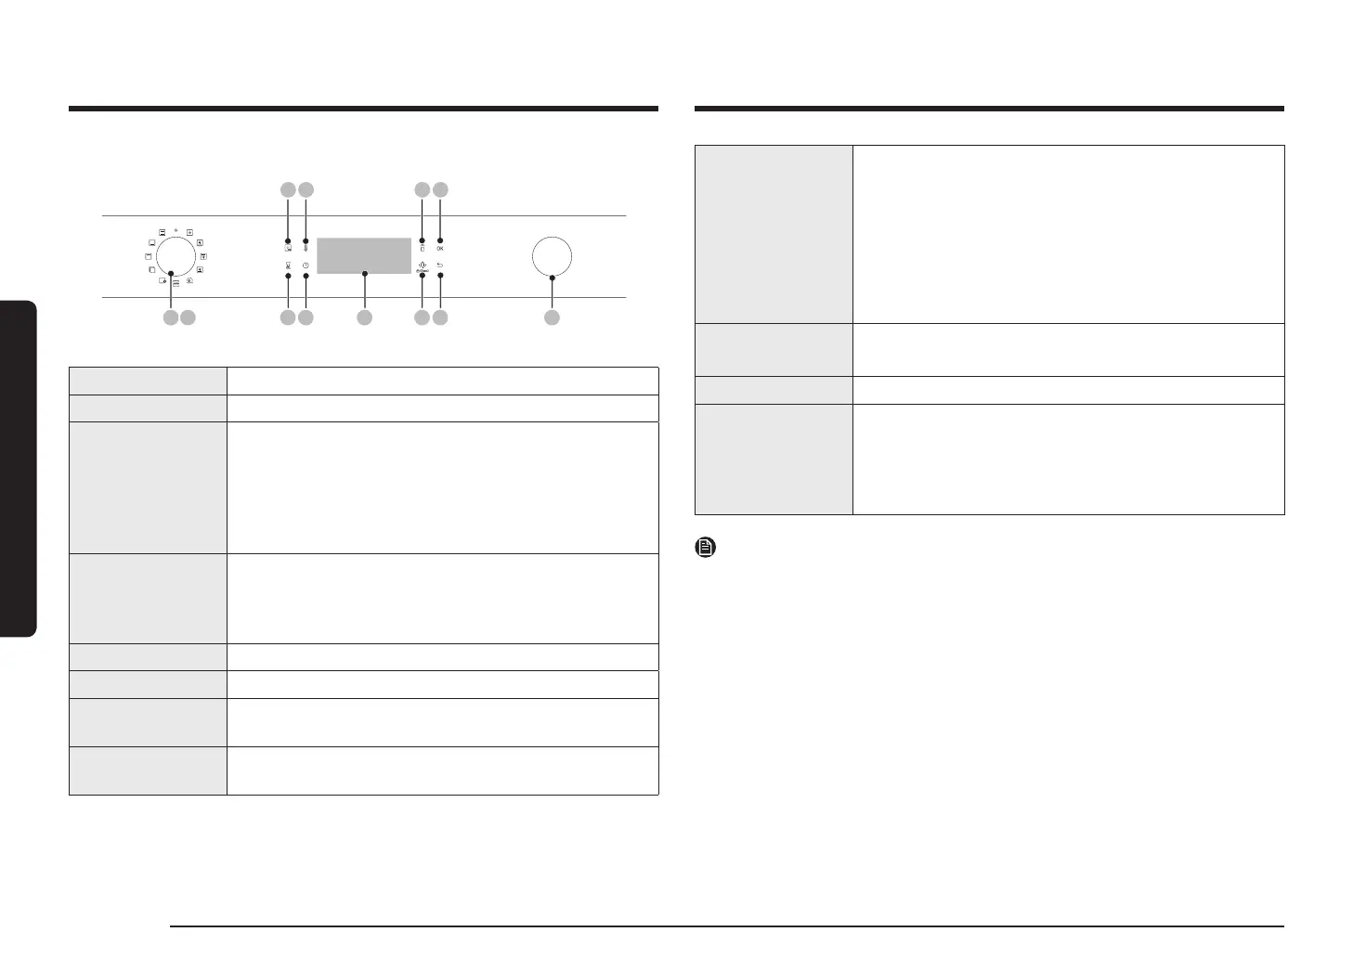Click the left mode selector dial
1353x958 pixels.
176,255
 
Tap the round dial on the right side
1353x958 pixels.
552,256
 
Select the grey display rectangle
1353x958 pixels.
364,255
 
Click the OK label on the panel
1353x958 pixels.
440,249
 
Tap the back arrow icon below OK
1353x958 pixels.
440,265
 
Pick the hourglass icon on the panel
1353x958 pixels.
288,265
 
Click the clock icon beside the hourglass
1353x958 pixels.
306,265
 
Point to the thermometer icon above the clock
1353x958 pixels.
306,249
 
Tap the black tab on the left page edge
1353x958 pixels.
18,468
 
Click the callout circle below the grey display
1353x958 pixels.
365,317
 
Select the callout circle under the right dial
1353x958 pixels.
552,317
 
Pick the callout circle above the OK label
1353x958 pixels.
440,190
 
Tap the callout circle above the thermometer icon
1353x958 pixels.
306,190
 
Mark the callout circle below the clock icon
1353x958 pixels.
306,317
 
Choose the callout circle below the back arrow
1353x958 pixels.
440,317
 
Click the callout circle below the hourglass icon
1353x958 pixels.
288,317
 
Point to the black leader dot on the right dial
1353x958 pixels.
552,278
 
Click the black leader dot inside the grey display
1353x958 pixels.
365,274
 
